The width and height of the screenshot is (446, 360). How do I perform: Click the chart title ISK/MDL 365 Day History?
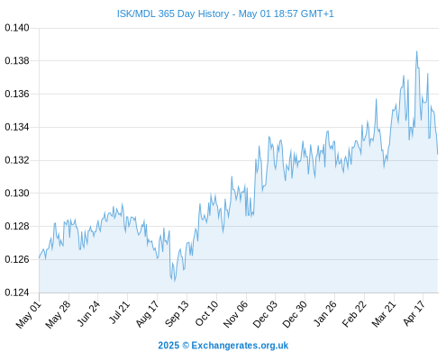(x=173, y=13)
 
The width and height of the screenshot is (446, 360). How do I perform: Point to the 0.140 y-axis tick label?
(x=17, y=28)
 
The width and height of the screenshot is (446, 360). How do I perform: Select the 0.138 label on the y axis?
(x=17, y=61)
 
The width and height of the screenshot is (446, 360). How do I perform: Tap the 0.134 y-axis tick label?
(x=17, y=127)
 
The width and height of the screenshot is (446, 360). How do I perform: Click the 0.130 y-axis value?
(x=17, y=193)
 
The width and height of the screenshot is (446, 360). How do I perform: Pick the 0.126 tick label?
(x=17, y=259)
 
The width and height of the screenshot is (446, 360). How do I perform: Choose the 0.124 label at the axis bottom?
(x=17, y=292)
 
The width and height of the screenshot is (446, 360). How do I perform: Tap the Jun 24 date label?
(x=87, y=313)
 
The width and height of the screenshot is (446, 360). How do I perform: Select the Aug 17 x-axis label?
(x=147, y=313)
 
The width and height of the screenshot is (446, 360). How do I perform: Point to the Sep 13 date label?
(x=177, y=313)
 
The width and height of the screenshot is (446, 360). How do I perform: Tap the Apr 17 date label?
(x=414, y=313)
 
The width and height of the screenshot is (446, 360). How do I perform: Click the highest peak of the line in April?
(x=416, y=51)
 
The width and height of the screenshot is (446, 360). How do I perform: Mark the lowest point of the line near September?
(x=175, y=281)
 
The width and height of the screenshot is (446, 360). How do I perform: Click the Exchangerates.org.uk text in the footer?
(x=240, y=346)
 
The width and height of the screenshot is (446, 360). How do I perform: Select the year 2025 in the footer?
(x=168, y=346)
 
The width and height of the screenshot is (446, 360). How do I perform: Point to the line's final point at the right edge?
(x=438, y=154)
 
